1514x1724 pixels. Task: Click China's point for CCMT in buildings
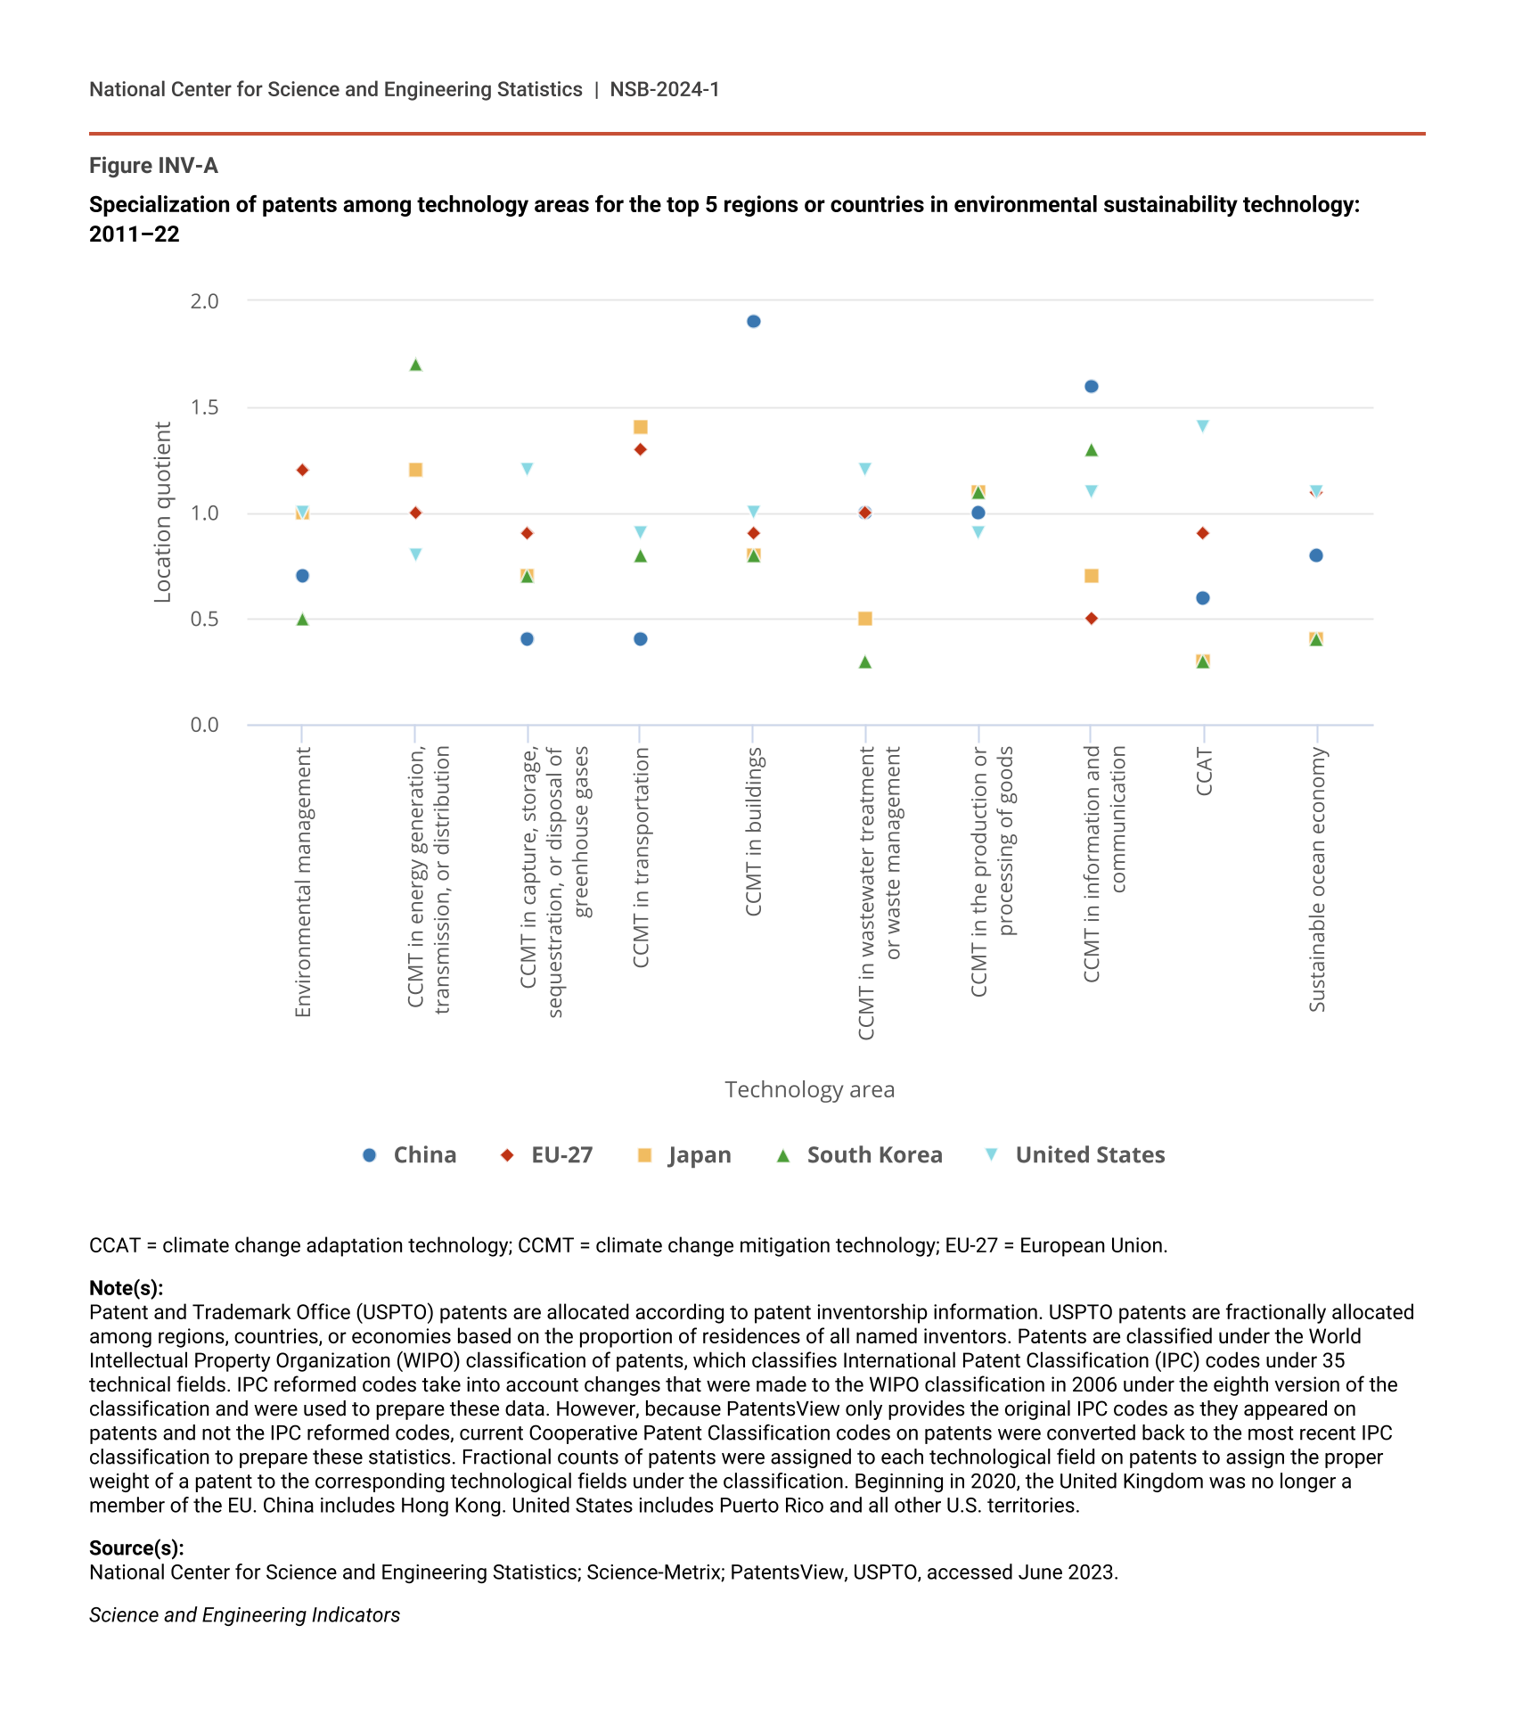point(753,322)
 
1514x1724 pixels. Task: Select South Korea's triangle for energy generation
point(415,365)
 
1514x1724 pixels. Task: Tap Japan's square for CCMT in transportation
point(640,427)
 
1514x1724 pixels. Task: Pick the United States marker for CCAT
point(1202,426)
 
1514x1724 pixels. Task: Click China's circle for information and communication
point(1091,386)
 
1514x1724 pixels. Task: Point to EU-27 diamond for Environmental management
point(302,470)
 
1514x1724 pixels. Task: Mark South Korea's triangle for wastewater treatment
point(864,661)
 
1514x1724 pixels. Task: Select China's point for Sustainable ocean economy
point(1315,555)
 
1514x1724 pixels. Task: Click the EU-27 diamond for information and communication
point(1091,619)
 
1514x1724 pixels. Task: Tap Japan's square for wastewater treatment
point(864,619)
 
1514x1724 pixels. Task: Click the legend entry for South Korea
point(859,1155)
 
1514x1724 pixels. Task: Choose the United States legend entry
point(1075,1155)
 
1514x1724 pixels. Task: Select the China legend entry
point(410,1155)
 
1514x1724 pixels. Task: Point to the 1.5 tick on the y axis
point(204,407)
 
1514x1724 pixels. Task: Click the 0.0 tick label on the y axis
point(204,725)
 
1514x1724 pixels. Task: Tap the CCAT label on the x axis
point(1203,772)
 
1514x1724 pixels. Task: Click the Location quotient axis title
point(162,513)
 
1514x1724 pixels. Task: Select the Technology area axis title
point(809,1089)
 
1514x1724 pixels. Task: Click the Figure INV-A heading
point(153,166)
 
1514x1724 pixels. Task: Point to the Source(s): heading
point(136,1548)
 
